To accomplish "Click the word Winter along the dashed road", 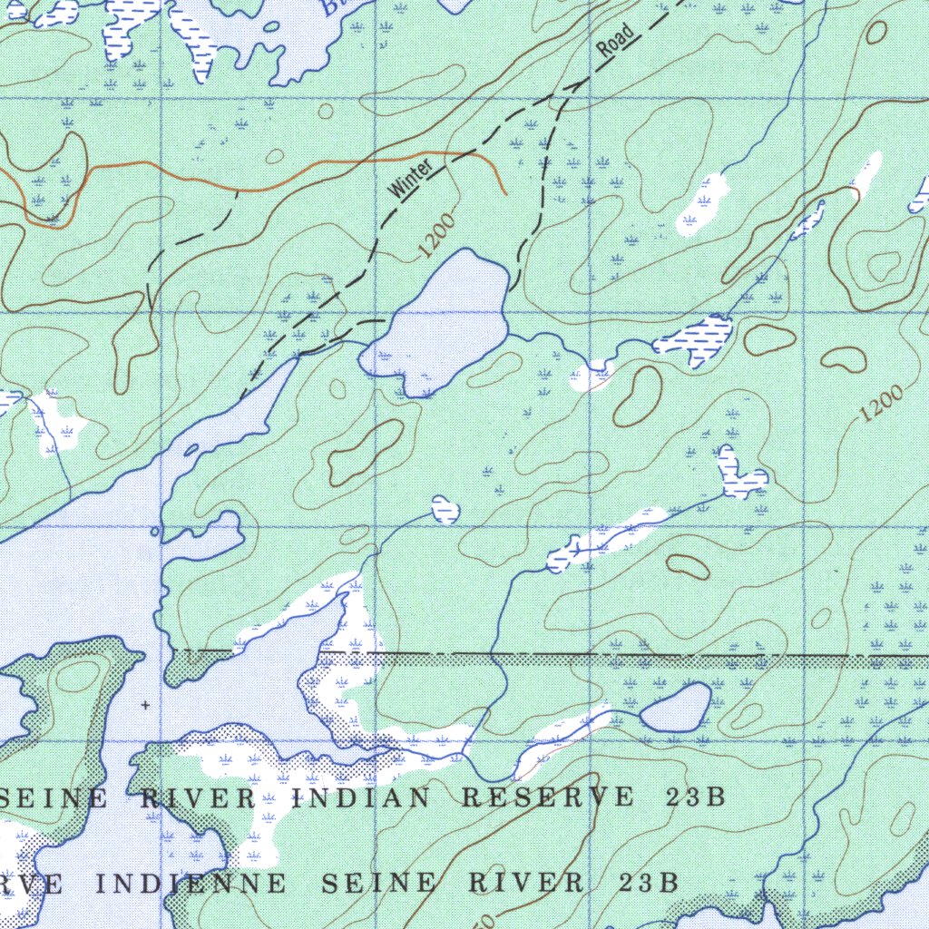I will pos(409,178).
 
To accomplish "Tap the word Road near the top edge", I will pos(616,42).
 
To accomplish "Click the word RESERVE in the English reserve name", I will pos(548,797).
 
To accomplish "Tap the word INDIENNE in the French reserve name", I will pos(191,882).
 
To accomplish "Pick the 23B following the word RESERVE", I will pos(695,797).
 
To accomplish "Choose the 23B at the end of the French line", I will pos(650,882).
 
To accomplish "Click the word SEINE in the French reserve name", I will pos(368,882).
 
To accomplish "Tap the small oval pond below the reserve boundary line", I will pos(677,707).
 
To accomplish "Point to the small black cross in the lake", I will pos(144,704).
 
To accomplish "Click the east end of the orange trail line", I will pos(504,191).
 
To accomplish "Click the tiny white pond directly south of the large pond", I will pos(445,509).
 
